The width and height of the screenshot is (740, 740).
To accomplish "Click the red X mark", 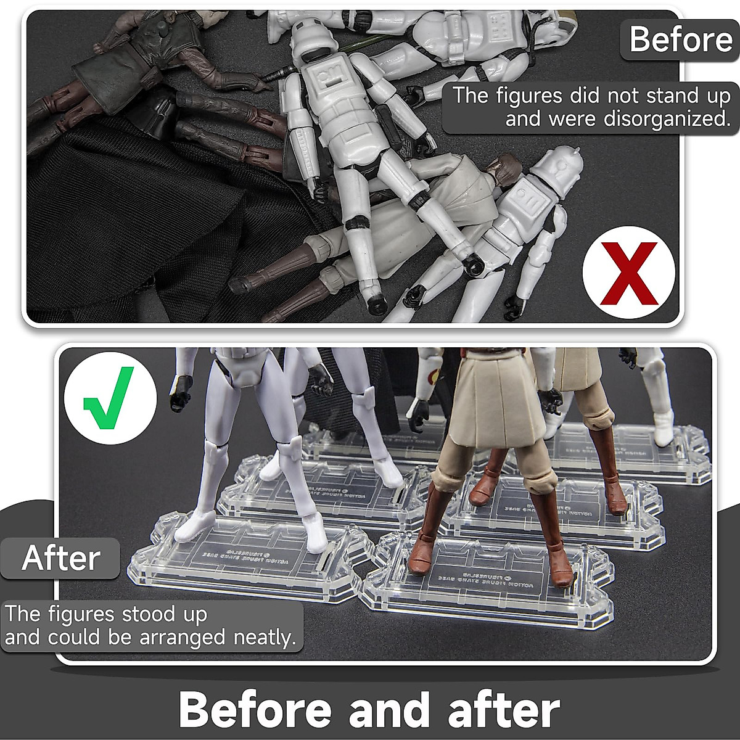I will [628, 272].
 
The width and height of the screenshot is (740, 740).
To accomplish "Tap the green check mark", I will [109, 398].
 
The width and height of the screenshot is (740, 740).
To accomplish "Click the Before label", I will [680, 39].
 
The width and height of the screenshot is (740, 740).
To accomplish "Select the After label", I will [60, 558].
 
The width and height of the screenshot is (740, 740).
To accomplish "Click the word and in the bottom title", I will [388, 709].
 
